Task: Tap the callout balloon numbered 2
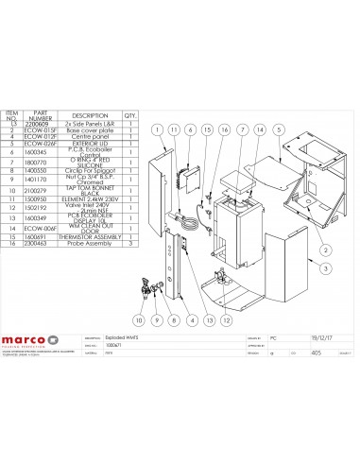point(323,249)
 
